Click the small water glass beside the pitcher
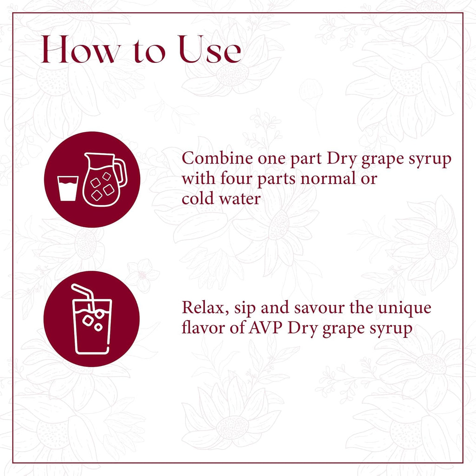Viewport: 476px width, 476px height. [x=67, y=188]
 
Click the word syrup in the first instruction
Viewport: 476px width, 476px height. [x=429, y=159]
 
